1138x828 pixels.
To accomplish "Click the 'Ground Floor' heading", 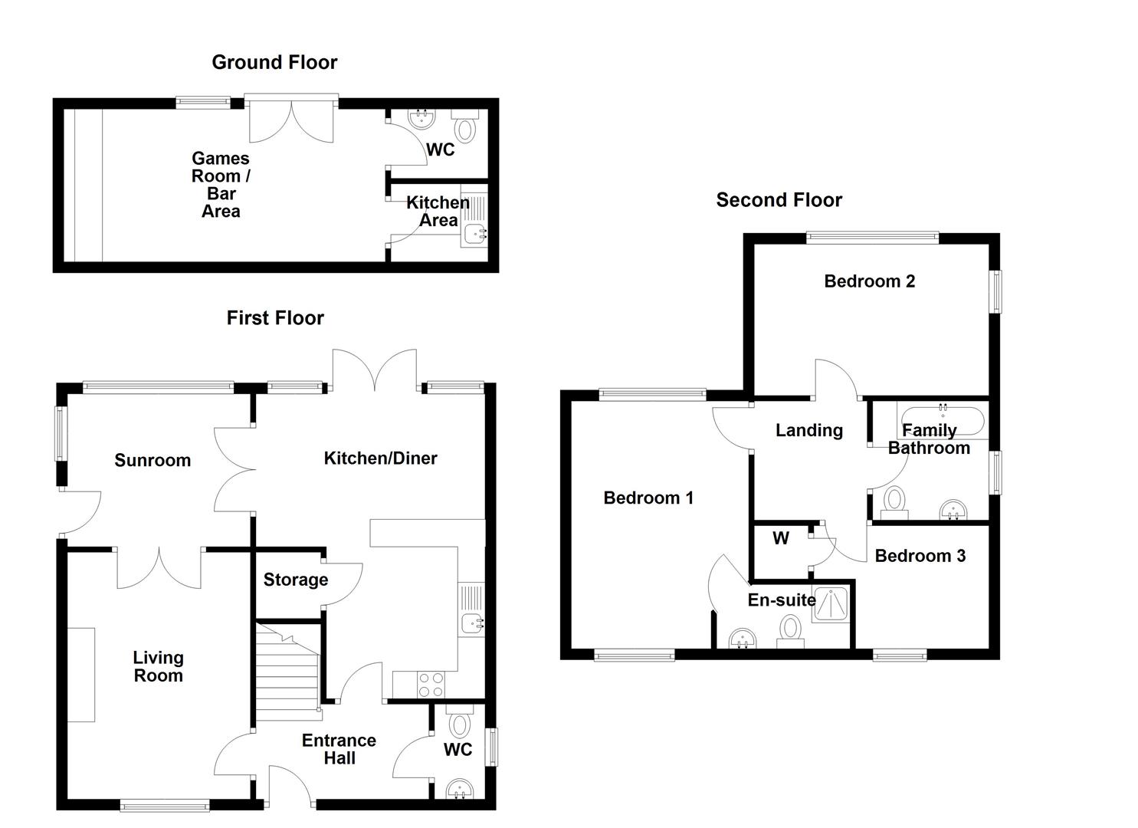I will coord(274,62).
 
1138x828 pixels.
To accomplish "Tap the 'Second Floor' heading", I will coord(779,200).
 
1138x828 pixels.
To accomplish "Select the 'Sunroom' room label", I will coord(152,460).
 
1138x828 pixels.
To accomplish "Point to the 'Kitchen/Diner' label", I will coord(380,458).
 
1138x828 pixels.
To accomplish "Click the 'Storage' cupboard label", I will coord(295,580).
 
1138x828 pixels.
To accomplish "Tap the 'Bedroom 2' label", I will coord(869,281).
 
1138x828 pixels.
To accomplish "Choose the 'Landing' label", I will coord(808,430).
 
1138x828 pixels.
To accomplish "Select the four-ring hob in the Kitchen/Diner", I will coord(431,684).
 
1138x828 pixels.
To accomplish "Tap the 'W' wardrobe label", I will coord(780,538).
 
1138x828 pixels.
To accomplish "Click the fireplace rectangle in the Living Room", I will coord(80,675).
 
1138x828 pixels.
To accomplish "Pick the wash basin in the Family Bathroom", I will coord(953,509).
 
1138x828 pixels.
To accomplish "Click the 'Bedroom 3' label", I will coord(920,556).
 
